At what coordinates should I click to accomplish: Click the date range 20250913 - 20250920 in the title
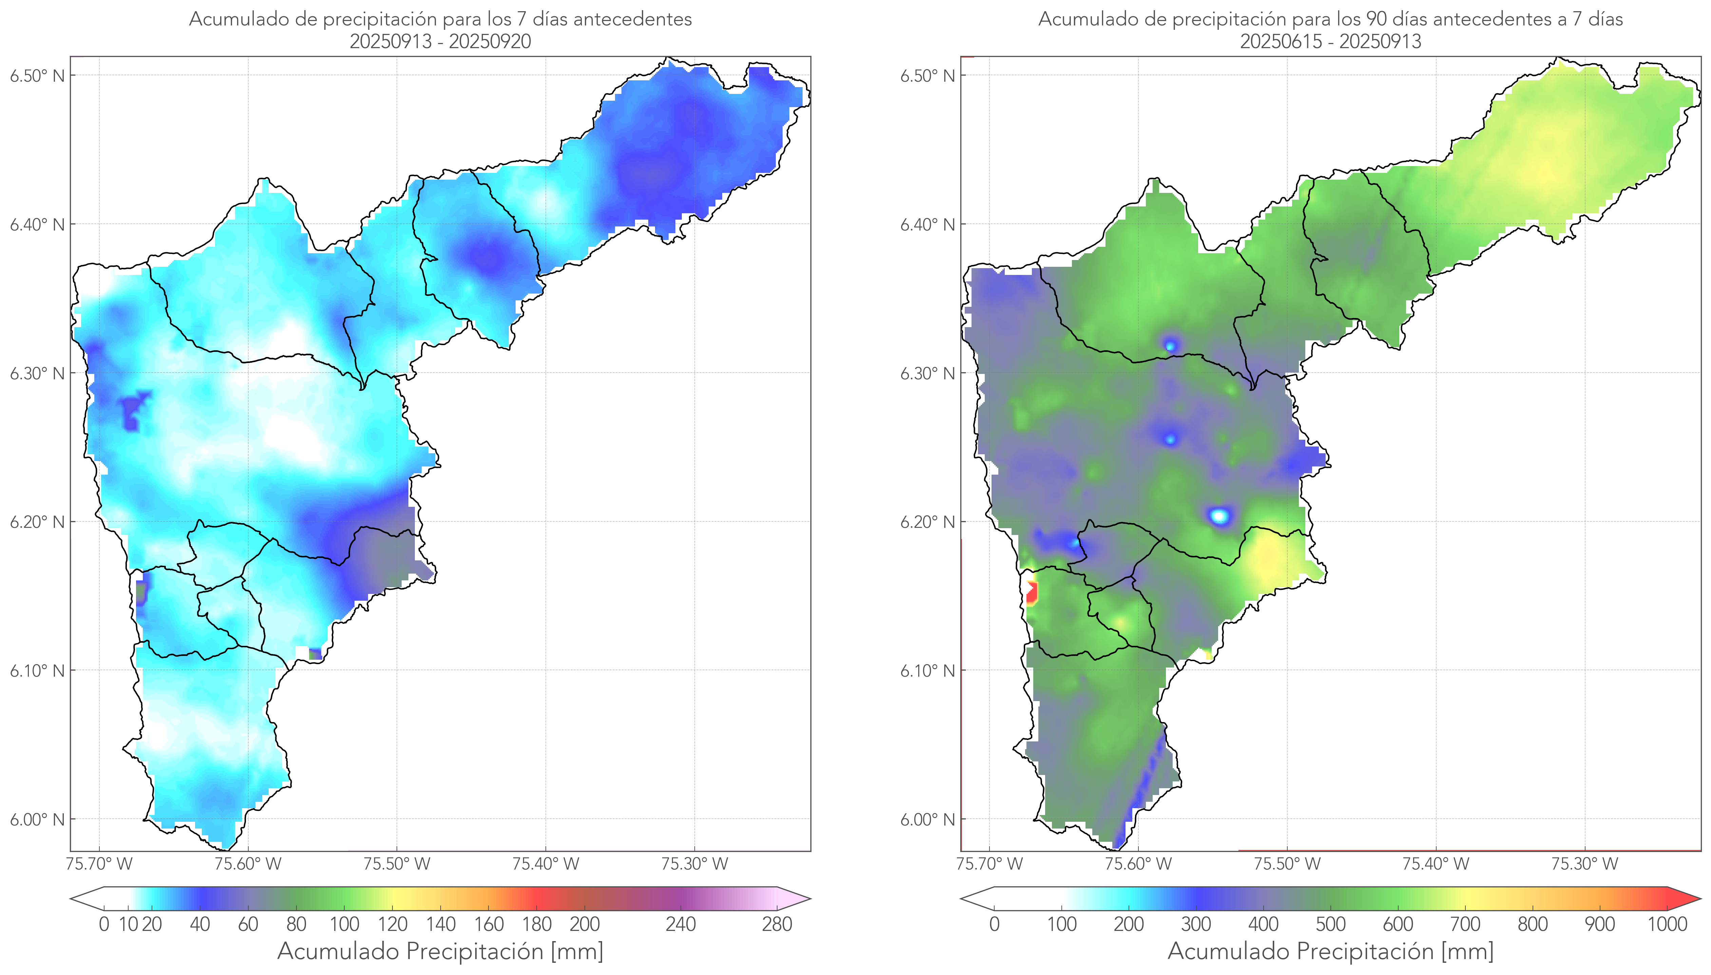(x=440, y=41)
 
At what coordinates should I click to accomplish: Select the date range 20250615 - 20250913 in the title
(x=1330, y=41)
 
